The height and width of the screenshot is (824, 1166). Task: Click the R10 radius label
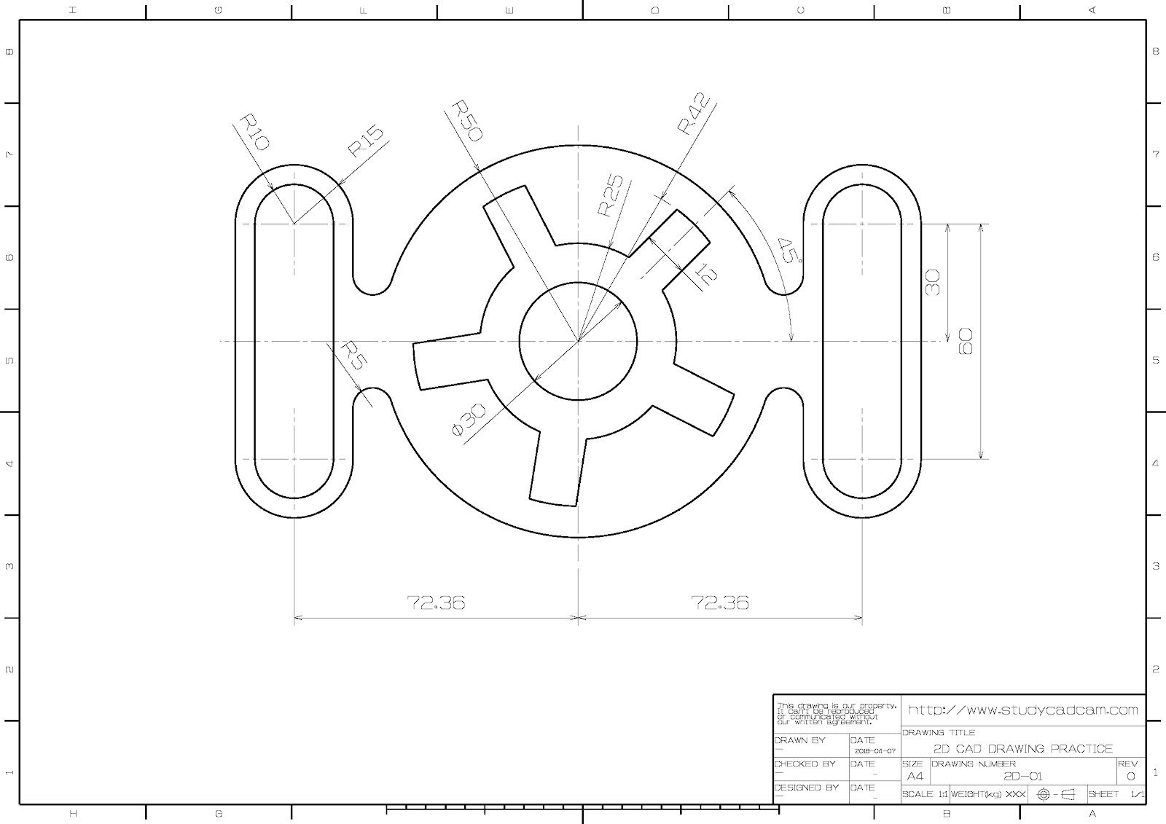(x=254, y=132)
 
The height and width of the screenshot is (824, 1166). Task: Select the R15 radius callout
(x=365, y=142)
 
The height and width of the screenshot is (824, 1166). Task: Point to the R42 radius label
(x=692, y=114)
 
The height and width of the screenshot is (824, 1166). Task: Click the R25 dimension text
(x=610, y=196)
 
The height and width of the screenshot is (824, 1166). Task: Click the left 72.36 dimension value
(x=436, y=603)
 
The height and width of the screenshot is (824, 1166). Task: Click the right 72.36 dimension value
(x=720, y=603)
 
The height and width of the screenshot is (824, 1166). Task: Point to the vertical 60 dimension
(x=966, y=341)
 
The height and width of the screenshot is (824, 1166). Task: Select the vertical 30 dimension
(x=933, y=282)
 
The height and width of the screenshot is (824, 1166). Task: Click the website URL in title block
(x=1023, y=710)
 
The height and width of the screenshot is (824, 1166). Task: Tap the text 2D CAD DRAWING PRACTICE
(x=1023, y=749)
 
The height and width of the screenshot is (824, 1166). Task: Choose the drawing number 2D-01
(x=1023, y=776)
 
